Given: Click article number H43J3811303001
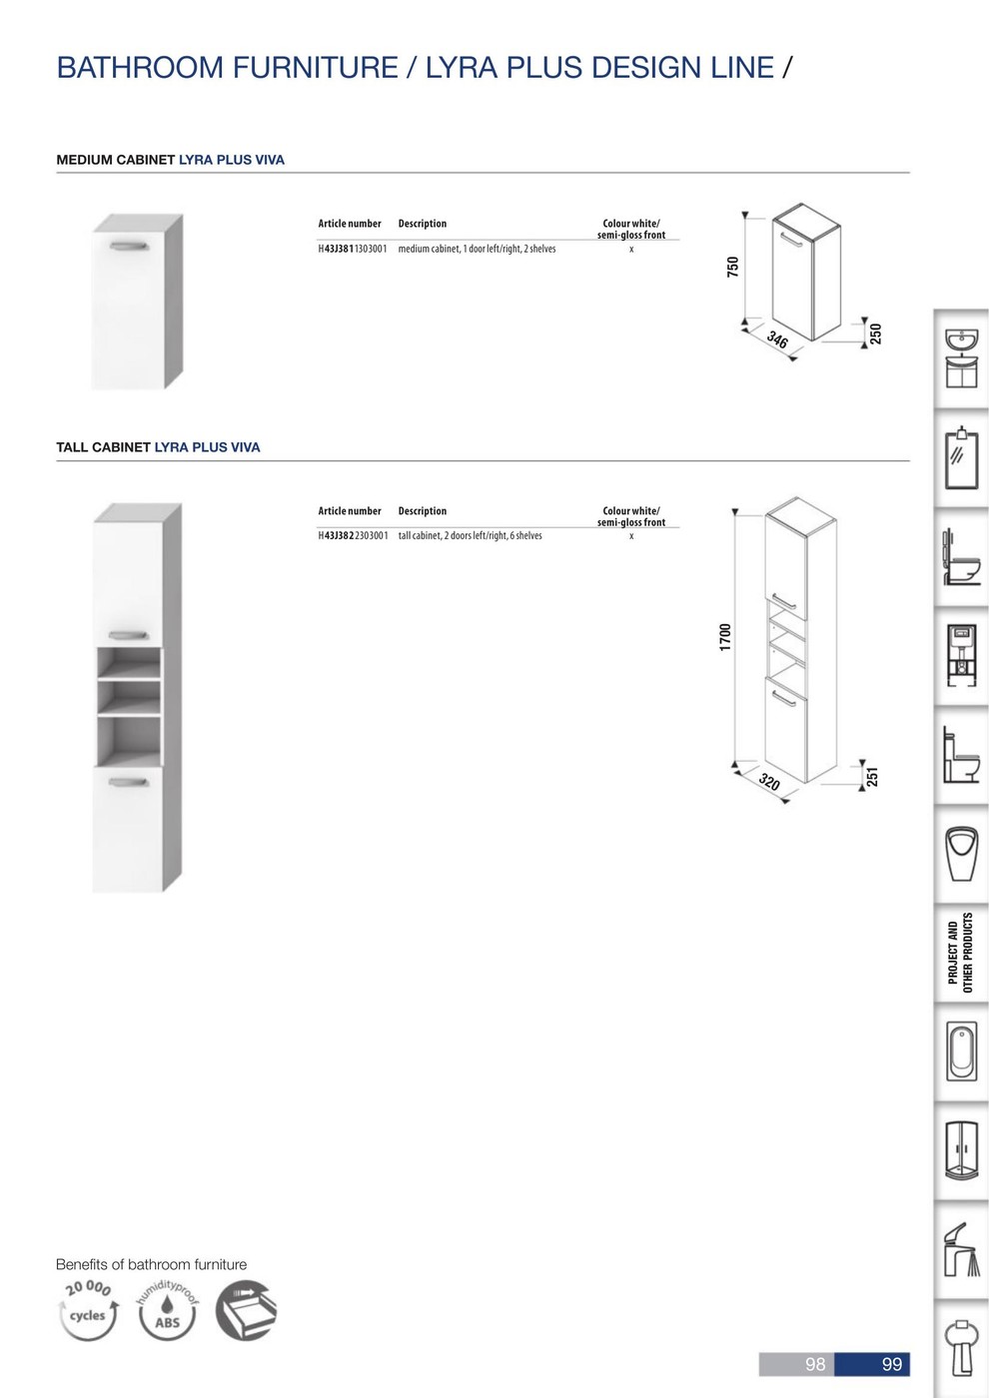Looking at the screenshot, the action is coord(352,249).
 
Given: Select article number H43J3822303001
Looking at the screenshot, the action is coord(353,536).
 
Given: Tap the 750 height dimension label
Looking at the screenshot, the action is coord(733,267).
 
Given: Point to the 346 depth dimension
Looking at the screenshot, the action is coord(777,341).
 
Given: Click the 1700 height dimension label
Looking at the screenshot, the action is coord(725,637).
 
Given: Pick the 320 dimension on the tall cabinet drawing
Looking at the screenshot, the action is coord(769,781).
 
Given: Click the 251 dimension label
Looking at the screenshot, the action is coord(873,777).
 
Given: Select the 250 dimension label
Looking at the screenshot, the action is coord(875,334).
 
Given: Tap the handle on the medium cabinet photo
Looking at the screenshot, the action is coord(129,246).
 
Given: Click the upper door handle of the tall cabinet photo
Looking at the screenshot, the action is coord(129,635).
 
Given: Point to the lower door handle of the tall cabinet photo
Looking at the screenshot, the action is coord(129,782).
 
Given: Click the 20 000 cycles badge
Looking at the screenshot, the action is coord(88,1310).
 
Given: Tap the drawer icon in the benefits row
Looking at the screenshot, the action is coord(246,1310).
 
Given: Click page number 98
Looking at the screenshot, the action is coord(815,1364).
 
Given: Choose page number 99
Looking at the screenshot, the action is coord(891,1364).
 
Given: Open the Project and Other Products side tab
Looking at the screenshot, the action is coord(960,953).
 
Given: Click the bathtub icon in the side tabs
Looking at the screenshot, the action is coord(961,1052).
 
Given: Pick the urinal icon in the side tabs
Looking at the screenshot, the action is coord(961,854).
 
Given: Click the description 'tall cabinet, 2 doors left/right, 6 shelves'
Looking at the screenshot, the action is coord(471,536).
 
